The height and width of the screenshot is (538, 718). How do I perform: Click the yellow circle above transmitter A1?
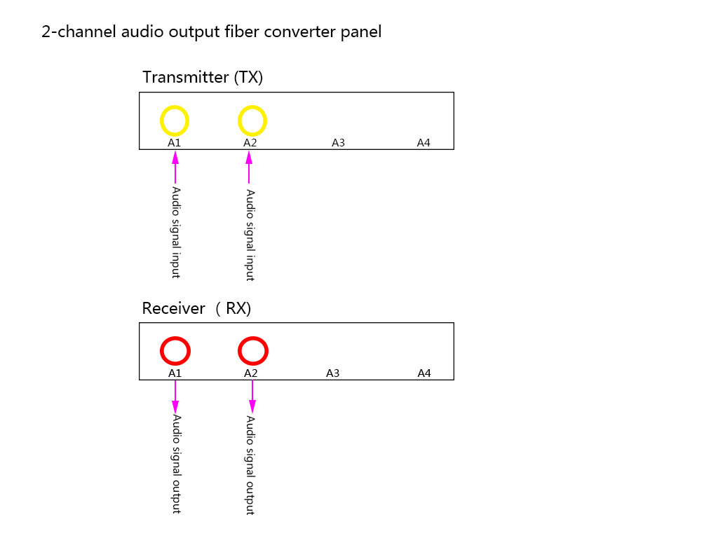tap(175, 120)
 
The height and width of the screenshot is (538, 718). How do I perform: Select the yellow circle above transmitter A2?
tap(252, 120)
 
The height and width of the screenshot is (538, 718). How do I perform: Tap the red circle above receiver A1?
tap(175, 350)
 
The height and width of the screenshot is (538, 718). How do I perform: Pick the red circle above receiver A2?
tap(252, 350)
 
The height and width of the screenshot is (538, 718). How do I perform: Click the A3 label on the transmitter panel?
tap(338, 143)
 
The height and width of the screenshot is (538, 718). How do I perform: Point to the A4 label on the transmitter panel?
tap(424, 143)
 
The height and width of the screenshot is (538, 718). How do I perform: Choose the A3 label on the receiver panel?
tap(332, 373)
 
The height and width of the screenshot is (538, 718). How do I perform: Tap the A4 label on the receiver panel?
tap(424, 373)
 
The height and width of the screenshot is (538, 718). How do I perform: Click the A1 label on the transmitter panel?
tap(175, 143)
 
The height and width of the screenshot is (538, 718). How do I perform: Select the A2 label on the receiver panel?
tap(251, 373)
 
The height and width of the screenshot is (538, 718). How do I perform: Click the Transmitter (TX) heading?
tap(203, 77)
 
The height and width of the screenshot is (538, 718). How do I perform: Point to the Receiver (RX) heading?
tap(196, 308)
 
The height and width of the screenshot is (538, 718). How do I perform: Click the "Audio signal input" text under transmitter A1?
tap(176, 232)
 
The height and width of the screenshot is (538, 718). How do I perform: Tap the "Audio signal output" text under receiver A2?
tap(250, 464)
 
